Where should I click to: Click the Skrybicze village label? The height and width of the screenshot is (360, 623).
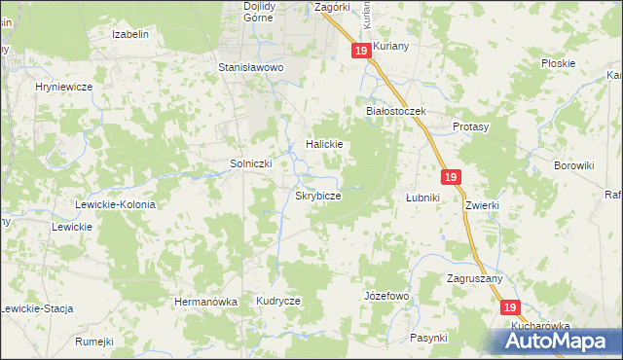pos(317,196)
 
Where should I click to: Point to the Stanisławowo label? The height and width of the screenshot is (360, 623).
pos(249,68)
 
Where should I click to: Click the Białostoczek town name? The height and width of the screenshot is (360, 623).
pos(396,111)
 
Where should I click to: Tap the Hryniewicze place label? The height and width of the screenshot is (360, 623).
pos(63,87)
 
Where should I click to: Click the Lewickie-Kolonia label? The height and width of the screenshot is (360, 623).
pos(116,204)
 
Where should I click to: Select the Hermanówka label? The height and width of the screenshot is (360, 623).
pos(205,302)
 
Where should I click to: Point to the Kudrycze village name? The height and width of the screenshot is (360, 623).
pos(278,302)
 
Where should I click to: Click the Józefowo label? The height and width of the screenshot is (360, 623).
pos(386,295)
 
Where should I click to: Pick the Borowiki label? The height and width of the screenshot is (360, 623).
pos(573,165)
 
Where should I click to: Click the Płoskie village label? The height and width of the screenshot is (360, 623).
pos(559,63)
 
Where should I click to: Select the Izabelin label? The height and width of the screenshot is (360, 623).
pos(130,34)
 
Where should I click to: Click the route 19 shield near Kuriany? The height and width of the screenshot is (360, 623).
pos(361,50)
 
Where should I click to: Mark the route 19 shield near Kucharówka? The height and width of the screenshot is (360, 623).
pos(512,306)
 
